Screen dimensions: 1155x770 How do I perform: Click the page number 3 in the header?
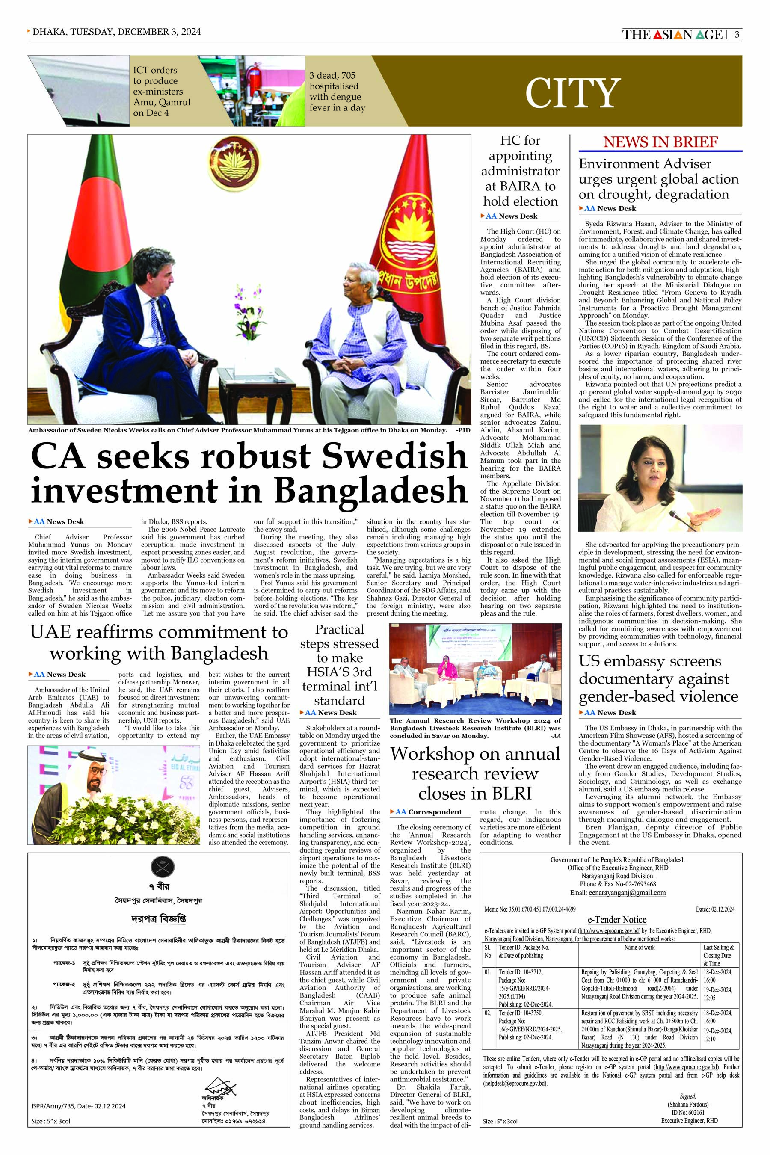pyautogui.click(x=737, y=34)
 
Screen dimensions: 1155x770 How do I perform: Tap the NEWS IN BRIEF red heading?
pyautogui.click(x=660, y=142)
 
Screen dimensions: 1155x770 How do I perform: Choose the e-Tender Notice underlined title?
pyautogui.click(x=617, y=920)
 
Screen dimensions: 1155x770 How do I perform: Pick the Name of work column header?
pyautogui.click(x=640, y=947)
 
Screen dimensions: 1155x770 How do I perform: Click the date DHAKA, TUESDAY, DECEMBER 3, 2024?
pyautogui.click(x=116, y=32)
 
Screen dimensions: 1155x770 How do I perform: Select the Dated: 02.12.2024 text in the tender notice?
pyautogui.click(x=715, y=909)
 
